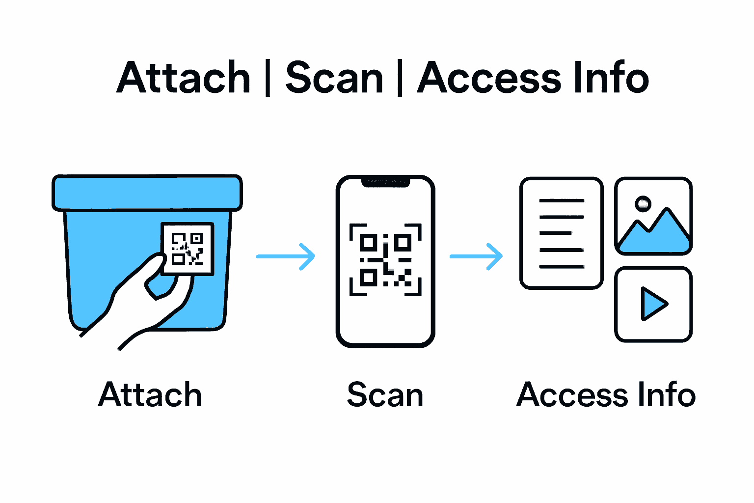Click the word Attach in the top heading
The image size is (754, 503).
coord(184,78)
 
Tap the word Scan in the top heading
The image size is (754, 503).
coord(334,78)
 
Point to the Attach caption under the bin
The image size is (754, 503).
coord(150,394)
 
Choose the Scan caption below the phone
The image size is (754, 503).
coord(385,395)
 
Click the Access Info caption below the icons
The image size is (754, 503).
coord(606,394)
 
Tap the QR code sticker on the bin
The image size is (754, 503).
coord(188,249)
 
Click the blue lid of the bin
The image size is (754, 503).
coord(147,193)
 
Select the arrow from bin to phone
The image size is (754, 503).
coord(286,256)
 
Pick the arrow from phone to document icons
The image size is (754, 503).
coord(476,256)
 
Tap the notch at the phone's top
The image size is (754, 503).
coord(385,182)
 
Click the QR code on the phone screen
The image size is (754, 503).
coord(385,260)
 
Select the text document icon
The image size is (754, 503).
coord(562,233)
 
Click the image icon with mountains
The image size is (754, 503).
coord(653,216)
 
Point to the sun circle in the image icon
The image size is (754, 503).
coord(643,203)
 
